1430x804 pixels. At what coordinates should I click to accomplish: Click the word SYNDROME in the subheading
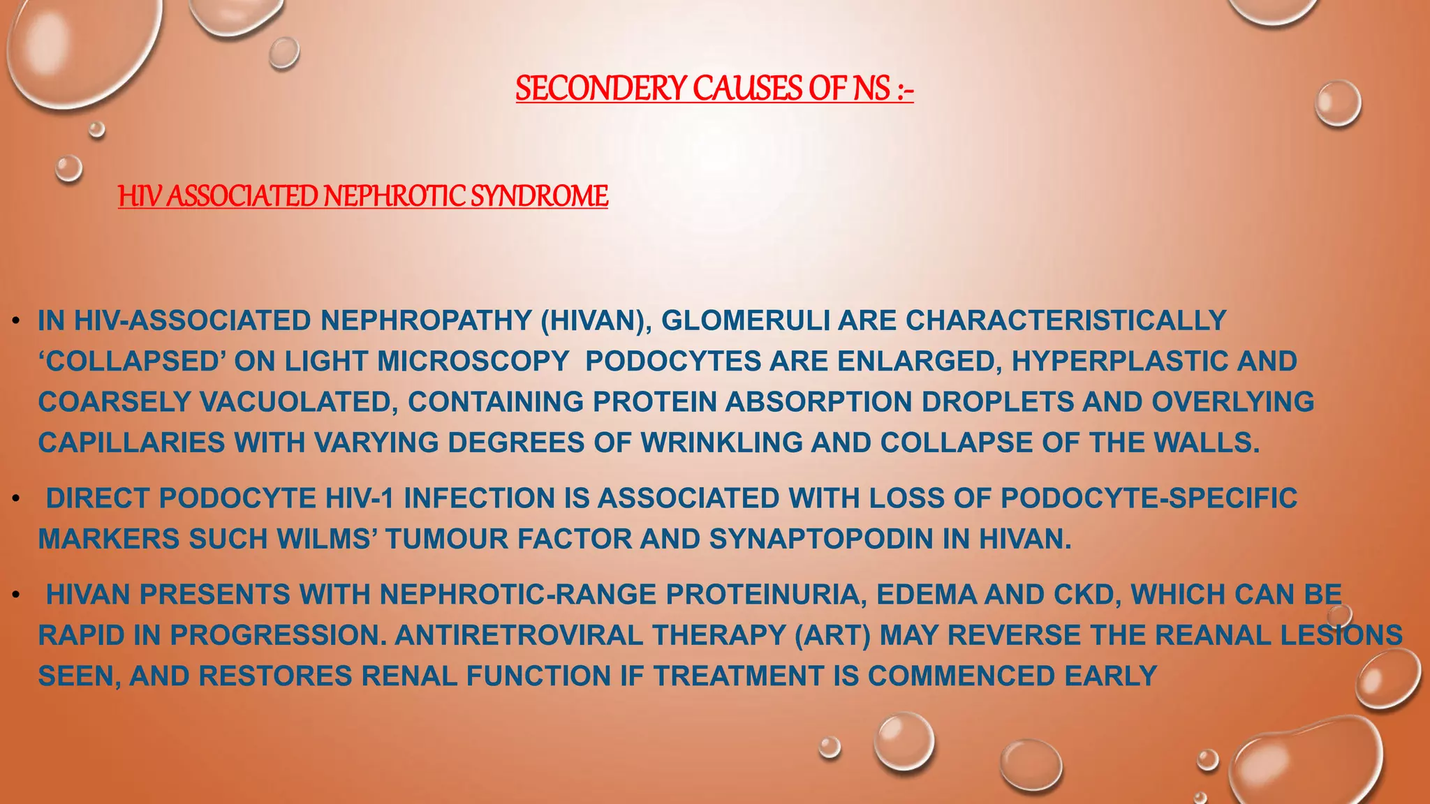(539, 196)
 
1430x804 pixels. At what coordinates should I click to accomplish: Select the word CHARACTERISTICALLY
(1066, 320)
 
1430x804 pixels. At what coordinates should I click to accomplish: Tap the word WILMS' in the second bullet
(326, 539)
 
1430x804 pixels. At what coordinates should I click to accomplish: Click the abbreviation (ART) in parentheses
(832, 635)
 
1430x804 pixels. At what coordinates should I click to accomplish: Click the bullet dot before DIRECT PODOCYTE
(15, 499)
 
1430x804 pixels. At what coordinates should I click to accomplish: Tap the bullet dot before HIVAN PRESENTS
(15, 595)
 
